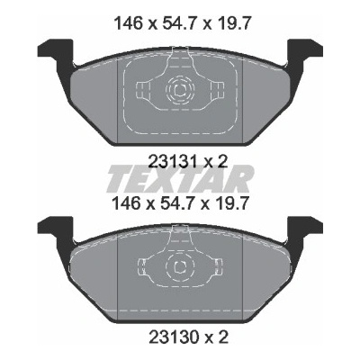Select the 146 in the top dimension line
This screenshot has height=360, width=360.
coord(127,23)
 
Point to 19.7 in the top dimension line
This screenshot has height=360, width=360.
coord(232,23)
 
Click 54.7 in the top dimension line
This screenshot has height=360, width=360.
coord(179,23)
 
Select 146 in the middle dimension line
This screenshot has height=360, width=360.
coord(127,203)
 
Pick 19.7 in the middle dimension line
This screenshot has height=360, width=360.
coord(232,203)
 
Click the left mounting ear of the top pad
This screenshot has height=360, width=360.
coord(57,52)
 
